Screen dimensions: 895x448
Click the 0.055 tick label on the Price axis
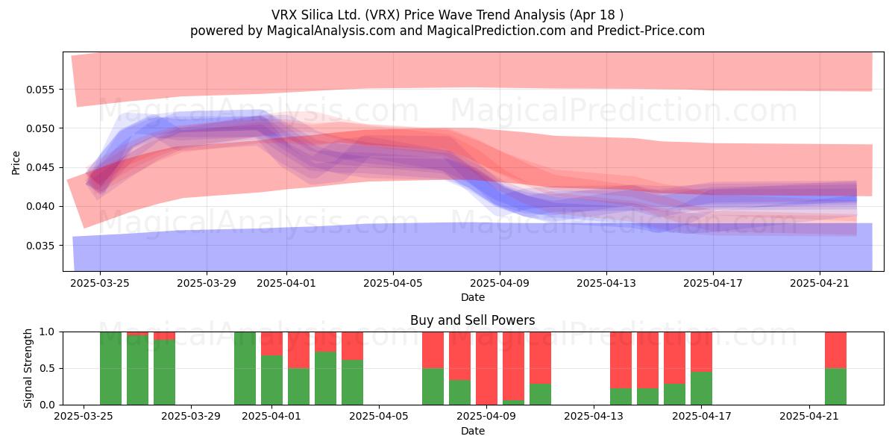point(40,90)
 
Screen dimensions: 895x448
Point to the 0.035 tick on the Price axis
point(40,246)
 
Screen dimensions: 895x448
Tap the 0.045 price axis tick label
point(40,167)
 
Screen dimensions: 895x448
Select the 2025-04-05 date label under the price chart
point(393,283)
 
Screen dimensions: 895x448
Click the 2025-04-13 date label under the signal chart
point(594,417)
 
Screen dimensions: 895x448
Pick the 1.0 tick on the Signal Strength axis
point(47,332)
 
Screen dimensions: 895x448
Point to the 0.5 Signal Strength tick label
point(47,368)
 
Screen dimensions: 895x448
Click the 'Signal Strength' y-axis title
point(28,368)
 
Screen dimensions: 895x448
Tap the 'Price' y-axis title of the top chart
point(16,163)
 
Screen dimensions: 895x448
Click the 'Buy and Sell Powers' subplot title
point(473,320)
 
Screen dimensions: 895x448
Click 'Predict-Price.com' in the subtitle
point(651,31)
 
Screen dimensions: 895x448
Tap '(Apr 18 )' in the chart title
point(597,15)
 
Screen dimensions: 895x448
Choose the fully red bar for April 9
point(486,368)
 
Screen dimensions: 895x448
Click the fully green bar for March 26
point(110,368)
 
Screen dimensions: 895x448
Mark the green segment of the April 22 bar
point(836,387)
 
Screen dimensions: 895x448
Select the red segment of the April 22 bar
point(836,350)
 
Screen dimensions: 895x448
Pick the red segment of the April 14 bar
point(621,360)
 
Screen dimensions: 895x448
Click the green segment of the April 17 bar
point(701,388)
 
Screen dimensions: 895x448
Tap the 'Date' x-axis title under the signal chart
point(473,432)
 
